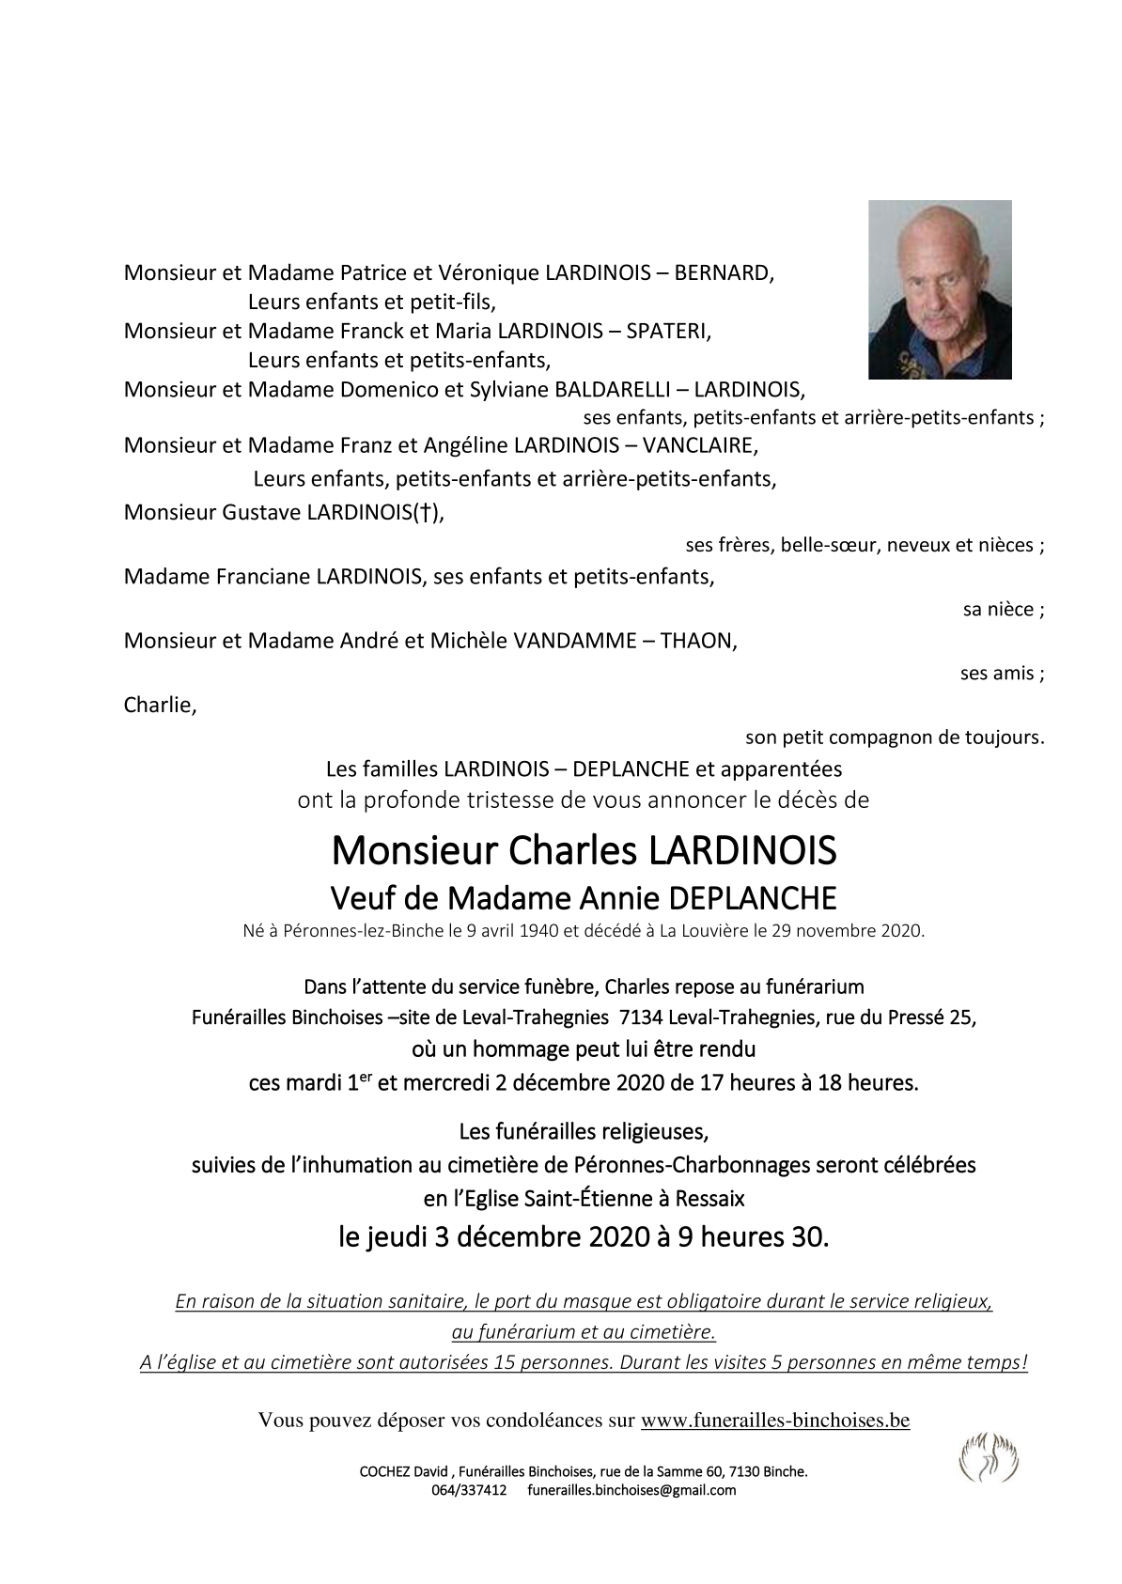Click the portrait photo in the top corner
pos(939,289)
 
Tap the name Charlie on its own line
pos(160,705)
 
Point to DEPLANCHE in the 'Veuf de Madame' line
pos(752,898)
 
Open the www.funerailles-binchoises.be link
pos(774,1420)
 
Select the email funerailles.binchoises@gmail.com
pos(631,1490)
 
